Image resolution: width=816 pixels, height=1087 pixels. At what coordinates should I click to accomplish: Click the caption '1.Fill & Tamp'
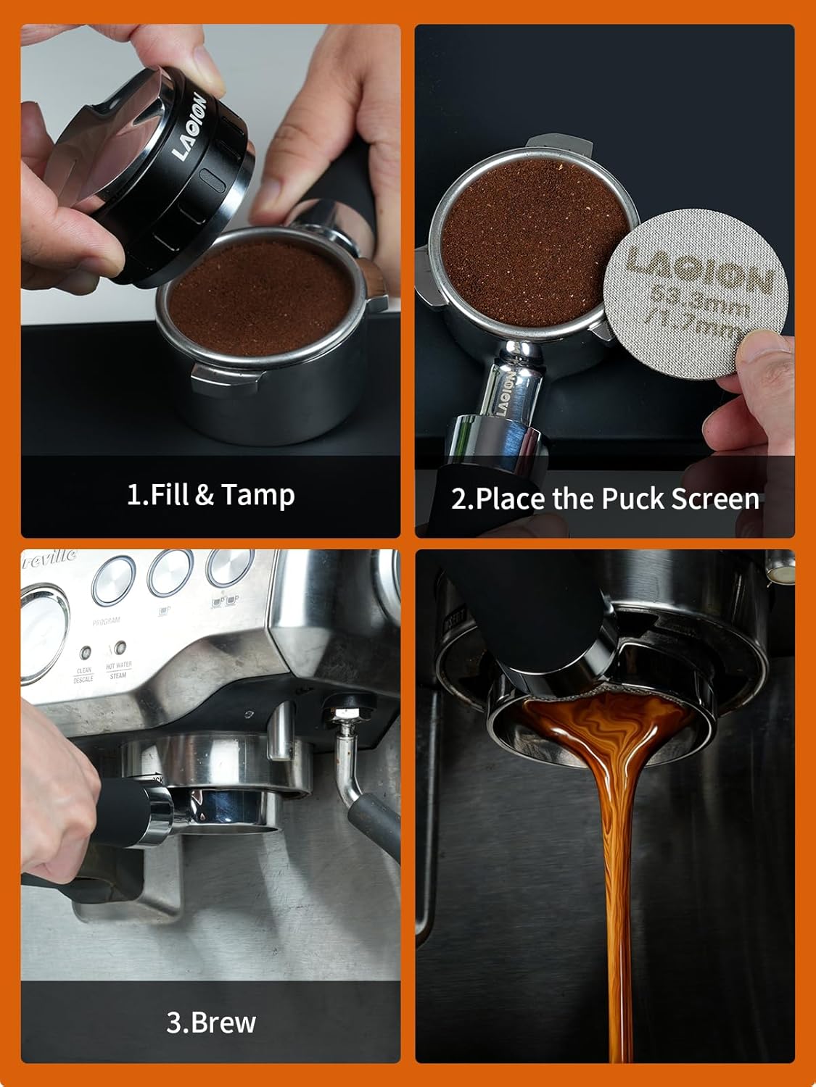click(x=210, y=495)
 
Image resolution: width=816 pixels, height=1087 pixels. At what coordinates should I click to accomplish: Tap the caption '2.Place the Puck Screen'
click(x=605, y=499)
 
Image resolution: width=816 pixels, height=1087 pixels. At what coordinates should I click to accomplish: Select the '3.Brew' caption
click(x=211, y=1022)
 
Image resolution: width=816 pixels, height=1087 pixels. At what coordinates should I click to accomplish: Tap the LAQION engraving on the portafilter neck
click(x=506, y=395)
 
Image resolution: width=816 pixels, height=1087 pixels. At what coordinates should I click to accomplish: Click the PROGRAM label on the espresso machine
click(x=107, y=620)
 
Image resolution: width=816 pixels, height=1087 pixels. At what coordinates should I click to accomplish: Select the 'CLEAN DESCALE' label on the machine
click(x=84, y=675)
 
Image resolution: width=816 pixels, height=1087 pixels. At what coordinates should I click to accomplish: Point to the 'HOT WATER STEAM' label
click(x=118, y=670)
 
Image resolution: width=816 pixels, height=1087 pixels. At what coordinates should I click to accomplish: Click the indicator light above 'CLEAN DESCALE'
click(x=86, y=651)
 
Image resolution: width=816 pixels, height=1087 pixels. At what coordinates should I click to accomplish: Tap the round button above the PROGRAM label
click(x=115, y=580)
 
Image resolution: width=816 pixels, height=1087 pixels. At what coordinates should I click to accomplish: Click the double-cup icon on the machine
click(x=225, y=601)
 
